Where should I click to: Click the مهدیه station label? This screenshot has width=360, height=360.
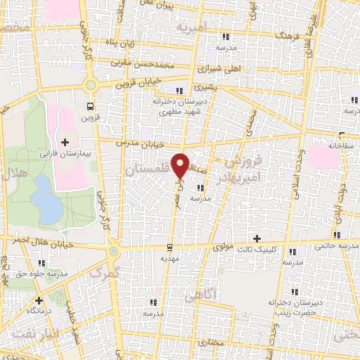click(169, 258)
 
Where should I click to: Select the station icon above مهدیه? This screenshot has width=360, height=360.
click(169, 247)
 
